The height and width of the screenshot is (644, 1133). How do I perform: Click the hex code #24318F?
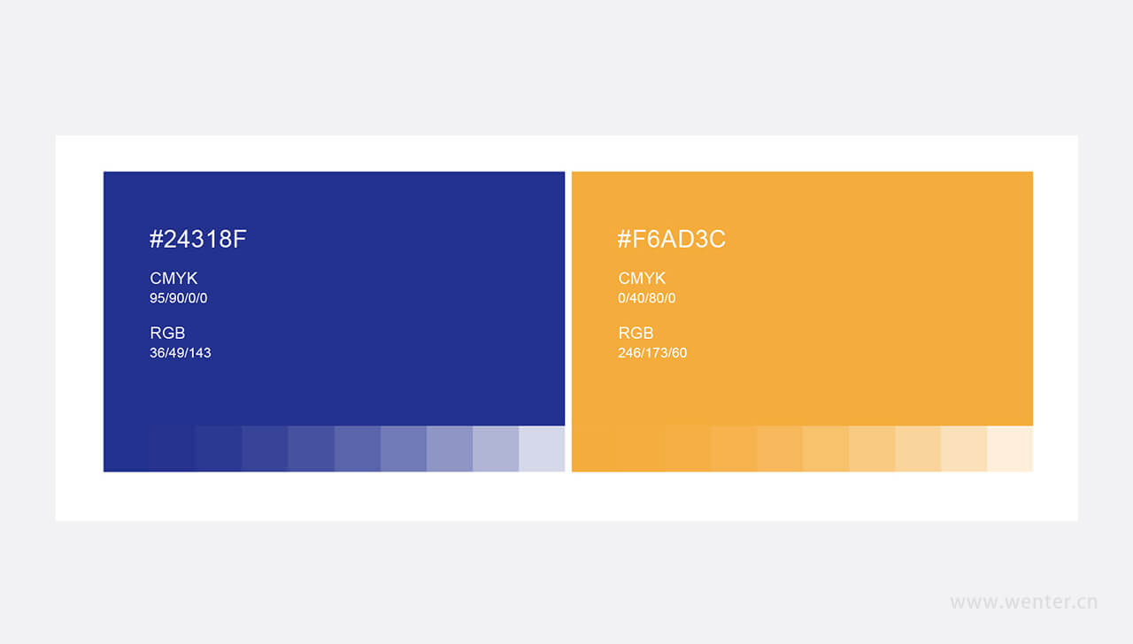click(197, 239)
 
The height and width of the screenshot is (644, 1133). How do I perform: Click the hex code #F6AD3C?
click(671, 239)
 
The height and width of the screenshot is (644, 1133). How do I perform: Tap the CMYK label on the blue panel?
click(173, 278)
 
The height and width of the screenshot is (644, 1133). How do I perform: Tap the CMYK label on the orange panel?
click(642, 278)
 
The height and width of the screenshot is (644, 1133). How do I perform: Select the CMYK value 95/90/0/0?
click(178, 298)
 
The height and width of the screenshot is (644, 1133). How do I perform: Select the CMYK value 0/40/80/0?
click(646, 298)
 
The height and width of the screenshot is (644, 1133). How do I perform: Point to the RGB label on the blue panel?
click(167, 333)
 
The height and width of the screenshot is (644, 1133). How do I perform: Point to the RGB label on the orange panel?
click(636, 333)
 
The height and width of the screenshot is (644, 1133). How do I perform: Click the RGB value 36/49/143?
click(180, 353)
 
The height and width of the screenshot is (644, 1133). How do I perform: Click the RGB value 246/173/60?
click(652, 353)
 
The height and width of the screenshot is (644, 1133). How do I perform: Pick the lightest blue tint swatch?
click(542, 448)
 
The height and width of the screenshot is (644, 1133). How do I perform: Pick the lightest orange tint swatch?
click(1010, 448)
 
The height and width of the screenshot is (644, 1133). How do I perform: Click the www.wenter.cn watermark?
click(1024, 602)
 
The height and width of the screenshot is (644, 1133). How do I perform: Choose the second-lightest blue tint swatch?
click(496, 448)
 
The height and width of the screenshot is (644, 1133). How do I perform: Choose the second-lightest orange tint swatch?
click(964, 448)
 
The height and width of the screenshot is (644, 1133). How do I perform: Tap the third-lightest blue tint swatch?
click(450, 448)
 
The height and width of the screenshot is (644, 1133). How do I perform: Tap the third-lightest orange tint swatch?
click(918, 448)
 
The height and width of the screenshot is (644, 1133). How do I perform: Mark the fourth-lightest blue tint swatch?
click(404, 448)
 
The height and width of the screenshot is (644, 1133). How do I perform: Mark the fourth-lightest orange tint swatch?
click(872, 448)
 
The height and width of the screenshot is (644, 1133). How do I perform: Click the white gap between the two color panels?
click(568, 321)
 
